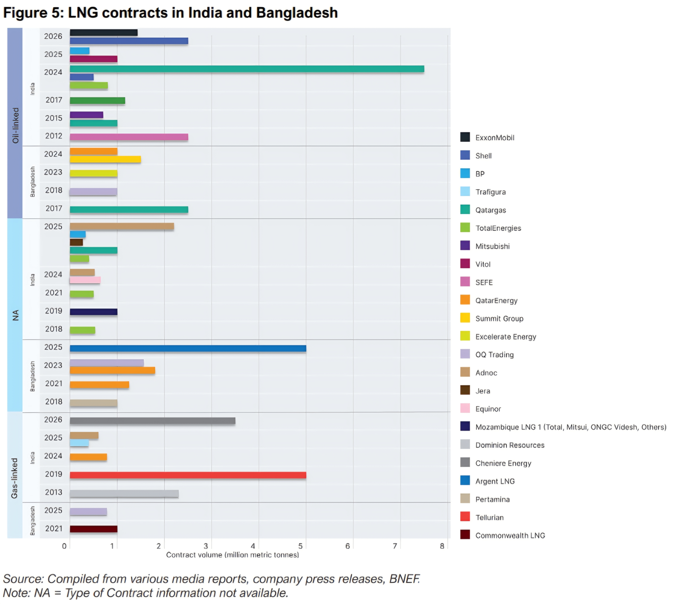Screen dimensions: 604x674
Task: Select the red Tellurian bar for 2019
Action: [x=188, y=475]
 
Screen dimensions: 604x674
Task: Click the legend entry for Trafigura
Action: [x=490, y=192]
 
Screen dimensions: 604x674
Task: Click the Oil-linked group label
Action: [x=15, y=125]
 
